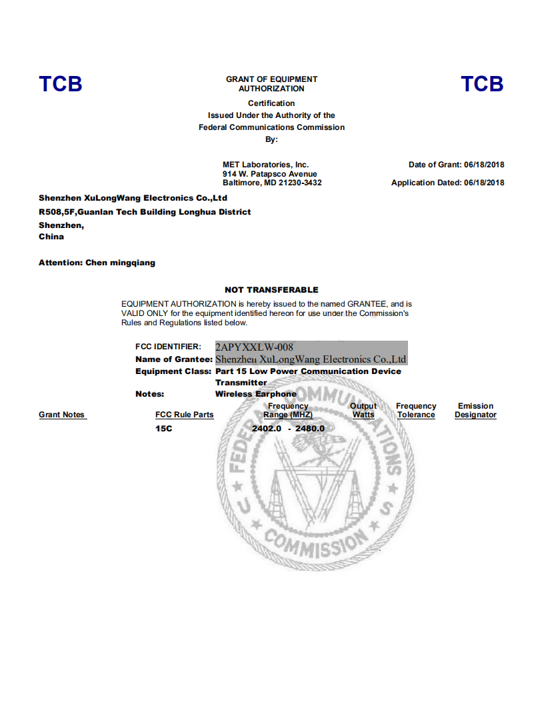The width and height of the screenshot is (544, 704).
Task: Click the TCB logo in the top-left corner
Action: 61,84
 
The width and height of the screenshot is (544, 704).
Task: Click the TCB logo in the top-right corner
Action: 482,84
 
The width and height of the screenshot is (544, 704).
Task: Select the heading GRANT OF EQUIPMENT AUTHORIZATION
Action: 271,84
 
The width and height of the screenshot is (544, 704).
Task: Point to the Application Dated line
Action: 447,183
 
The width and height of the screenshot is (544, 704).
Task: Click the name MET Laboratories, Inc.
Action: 265,165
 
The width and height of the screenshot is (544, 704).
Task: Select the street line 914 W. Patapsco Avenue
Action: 269,174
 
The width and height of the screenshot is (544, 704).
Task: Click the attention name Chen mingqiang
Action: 120,263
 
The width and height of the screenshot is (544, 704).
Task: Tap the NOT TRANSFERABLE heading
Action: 271,290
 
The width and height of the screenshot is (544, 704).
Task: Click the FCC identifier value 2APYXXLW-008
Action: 254,347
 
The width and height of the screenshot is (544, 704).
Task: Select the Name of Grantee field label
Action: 173,360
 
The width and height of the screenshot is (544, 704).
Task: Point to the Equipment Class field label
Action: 173,371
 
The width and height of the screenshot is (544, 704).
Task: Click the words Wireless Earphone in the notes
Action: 255,394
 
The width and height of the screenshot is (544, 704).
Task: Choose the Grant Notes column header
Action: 62,415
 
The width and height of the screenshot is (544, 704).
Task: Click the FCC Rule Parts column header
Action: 184,415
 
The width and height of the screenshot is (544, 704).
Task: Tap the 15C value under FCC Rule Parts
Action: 163,428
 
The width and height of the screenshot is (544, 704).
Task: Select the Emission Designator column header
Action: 475,411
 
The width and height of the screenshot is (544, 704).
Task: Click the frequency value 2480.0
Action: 309,428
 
